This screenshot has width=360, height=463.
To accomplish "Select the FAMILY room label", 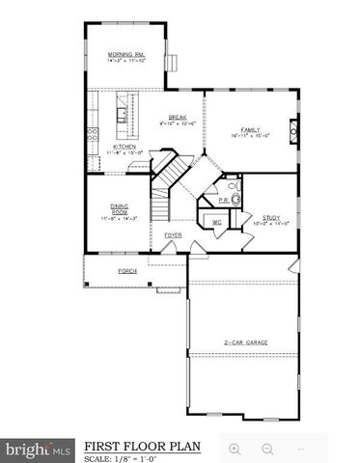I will pyautogui.click(x=250, y=129).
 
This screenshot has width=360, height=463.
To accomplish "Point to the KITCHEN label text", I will pyautogui.click(x=124, y=147).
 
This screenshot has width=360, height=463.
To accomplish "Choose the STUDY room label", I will pyautogui.click(x=272, y=217).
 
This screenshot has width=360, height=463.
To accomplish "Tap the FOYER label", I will pyautogui.click(x=174, y=234).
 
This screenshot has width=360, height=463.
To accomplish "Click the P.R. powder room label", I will pyautogui.click(x=222, y=201).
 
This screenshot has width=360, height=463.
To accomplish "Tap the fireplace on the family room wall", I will pyautogui.click(x=294, y=129).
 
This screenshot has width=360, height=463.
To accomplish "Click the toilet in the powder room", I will pyautogui.click(x=234, y=200).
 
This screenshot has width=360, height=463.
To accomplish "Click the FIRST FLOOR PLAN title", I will pyautogui.click(x=142, y=447).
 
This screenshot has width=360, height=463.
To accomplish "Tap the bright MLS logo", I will pyautogui.click(x=38, y=449).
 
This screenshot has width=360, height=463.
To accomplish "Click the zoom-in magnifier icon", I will pyautogui.click(x=235, y=449).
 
